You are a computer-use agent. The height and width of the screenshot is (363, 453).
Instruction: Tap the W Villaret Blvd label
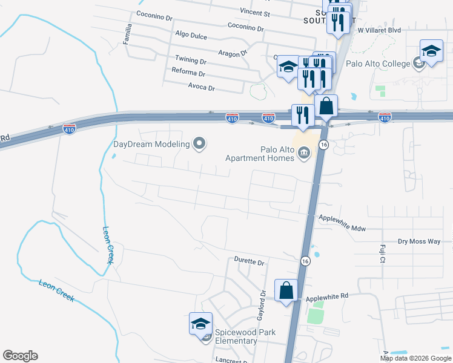coord(380,29)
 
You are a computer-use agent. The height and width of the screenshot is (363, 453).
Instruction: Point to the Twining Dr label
coord(191,62)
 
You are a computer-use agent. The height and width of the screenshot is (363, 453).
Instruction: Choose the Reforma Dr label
coord(189,74)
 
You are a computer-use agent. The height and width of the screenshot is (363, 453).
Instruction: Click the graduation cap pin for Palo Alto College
coord(431,51)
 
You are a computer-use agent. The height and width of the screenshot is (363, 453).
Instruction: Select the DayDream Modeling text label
coord(152,144)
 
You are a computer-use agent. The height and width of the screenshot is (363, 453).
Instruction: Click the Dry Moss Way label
coord(419,241)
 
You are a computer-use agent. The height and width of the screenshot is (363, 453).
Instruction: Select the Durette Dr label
coord(250,262)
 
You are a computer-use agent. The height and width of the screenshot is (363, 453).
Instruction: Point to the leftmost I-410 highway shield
coord(69,129)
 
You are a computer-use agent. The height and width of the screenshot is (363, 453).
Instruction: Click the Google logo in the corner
coord(20,356)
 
